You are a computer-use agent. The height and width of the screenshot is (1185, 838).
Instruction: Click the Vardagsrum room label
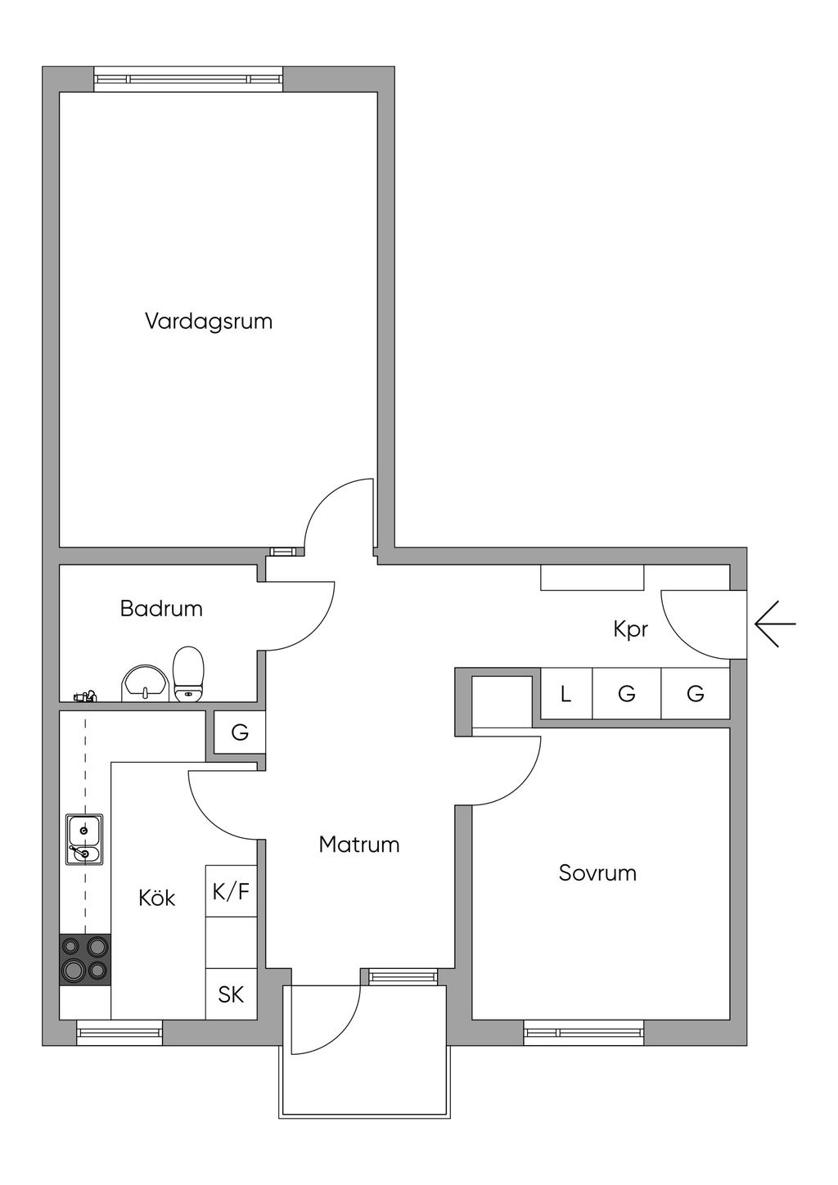pyautogui.click(x=209, y=322)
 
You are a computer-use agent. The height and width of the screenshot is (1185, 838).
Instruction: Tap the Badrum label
pyautogui.click(x=161, y=608)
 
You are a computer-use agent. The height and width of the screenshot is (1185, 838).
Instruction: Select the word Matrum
pyautogui.click(x=358, y=845)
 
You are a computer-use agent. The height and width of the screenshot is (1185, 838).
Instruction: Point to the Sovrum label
pyautogui.click(x=597, y=873)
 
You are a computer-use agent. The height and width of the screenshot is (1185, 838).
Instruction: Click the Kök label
pyautogui.click(x=156, y=898)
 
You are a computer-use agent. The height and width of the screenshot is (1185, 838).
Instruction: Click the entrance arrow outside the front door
pyautogui.click(x=775, y=624)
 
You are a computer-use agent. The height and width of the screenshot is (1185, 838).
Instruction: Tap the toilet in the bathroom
pyautogui.click(x=189, y=674)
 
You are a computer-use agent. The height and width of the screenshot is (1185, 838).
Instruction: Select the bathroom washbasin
pyautogui.click(x=145, y=683)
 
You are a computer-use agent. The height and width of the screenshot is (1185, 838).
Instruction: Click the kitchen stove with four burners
pyautogui.click(x=85, y=960)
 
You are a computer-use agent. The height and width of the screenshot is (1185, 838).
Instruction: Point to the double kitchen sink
pyautogui.click(x=84, y=840)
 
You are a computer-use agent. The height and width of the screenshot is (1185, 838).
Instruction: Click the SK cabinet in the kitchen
pyautogui.click(x=231, y=994)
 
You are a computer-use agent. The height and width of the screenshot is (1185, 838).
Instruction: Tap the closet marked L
pyautogui.click(x=565, y=693)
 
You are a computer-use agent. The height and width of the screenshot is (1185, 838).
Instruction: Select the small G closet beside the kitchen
pyautogui.click(x=240, y=732)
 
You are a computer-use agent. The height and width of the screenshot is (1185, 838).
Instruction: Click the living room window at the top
pyautogui.click(x=188, y=79)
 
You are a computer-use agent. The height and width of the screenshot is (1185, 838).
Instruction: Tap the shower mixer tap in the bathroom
pyautogui.click(x=84, y=696)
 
